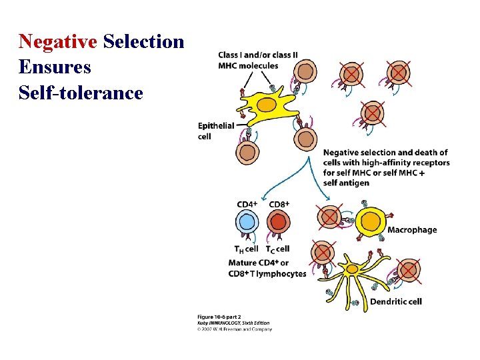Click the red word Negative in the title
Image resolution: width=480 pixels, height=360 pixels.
pyautogui.click(x=58, y=41)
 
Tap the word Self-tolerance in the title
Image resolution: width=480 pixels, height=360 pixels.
pyautogui.click(x=81, y=92)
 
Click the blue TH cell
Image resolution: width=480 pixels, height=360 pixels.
pyautogui.click(x=247, y=223)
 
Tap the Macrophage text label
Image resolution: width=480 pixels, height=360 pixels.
pyautogui.click(x=412, y=230)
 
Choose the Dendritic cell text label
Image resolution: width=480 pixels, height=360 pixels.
pyautogui.click(x=395, y=301)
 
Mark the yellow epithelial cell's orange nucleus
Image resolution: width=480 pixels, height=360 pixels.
pyautogui.click(x=266, y=105)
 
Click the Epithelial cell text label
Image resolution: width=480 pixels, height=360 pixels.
pyautogui.click(x=216, y=131)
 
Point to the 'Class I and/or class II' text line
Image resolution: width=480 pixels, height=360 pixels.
pyautogui.click(x=258, y=55)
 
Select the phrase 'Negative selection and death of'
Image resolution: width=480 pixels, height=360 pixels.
pyautogui.click(x=385, y=153)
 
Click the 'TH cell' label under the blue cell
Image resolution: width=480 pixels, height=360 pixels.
pyautogui.click(x=246, y=249)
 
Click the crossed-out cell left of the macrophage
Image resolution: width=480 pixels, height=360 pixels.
pyautogui.click(x=329, y=217)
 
